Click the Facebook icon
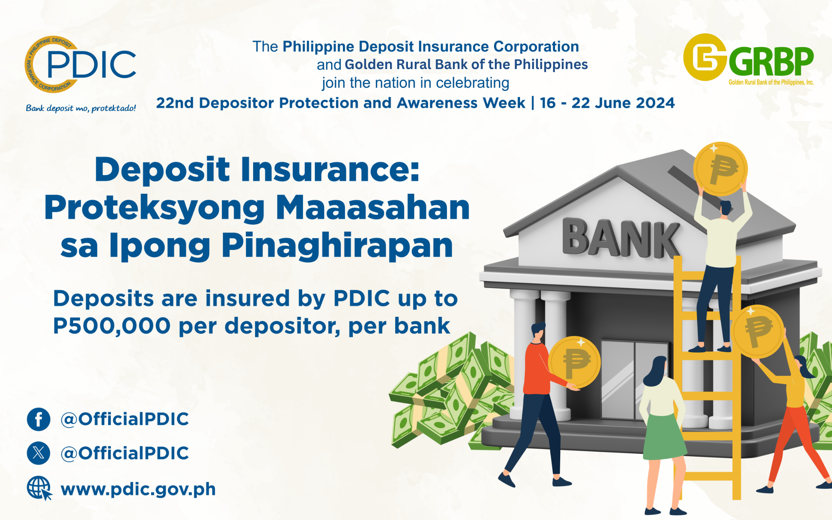(39, 419)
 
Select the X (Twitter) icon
(39, 453)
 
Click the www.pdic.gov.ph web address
(138, 489)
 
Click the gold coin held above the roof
(720, 169)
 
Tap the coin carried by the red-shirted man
(574, 362)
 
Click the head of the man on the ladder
(726, 208)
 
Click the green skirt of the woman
(664, 436)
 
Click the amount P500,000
(112, 326)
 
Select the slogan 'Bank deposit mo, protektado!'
(81, 108)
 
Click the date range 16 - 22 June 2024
(607, 103)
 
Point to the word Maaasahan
(373, 208)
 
